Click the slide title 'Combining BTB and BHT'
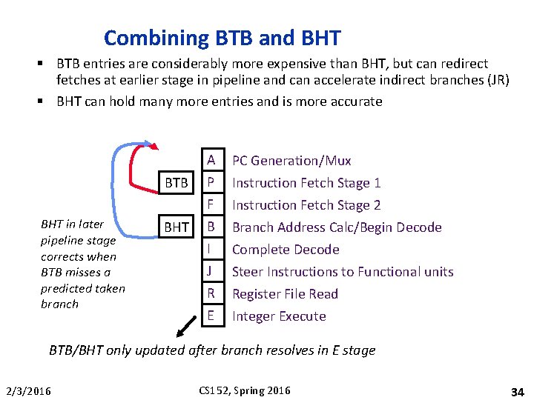click(222, 38)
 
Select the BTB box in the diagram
click(176, 182)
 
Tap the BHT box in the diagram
click(176, 227)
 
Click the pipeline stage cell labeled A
click(211, 160)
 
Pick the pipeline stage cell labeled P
click(211, 182)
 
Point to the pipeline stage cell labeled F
click(211, 204)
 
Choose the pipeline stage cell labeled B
click(211, 227)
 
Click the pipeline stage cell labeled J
click(211, 271)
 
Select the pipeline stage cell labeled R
click(211, 293)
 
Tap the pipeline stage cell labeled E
click(211, 316)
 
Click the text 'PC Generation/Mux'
click(291, 161)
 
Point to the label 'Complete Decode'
click(286, 250)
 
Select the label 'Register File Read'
click(285, 294)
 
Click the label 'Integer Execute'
click(279, 316)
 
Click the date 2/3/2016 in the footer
click(28, 391)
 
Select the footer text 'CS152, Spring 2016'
click(245, 390)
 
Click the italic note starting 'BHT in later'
click(82, 264)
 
